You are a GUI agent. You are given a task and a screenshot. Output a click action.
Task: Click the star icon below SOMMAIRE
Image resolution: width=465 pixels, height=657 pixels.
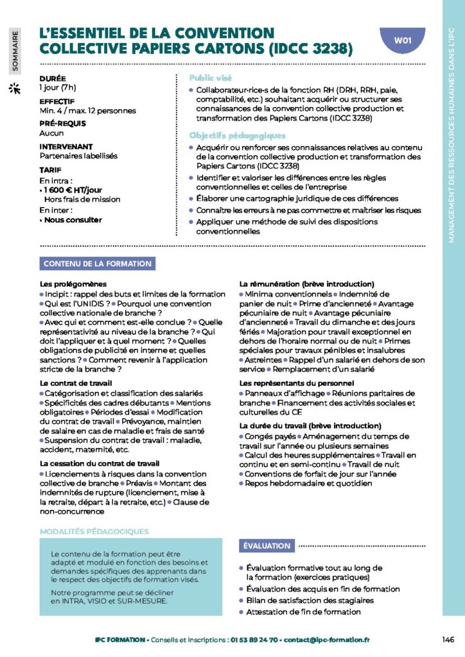(x=14, y=89)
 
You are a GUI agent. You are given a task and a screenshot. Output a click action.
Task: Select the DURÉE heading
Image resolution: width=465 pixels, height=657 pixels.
(x=53, y=78)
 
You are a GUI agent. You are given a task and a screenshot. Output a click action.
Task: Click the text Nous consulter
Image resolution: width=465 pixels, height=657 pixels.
(x=72, y=219)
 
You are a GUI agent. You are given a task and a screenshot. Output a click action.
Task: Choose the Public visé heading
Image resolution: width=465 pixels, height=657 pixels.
(x=211, y=78)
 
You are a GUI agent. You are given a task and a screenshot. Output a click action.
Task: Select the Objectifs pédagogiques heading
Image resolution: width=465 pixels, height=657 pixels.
(x=237, y=136)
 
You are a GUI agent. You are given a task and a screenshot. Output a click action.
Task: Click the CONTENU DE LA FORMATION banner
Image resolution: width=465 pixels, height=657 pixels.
(x=98, y=264)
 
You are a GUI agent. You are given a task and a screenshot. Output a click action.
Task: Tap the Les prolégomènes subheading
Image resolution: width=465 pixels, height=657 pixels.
(x=73, y=284)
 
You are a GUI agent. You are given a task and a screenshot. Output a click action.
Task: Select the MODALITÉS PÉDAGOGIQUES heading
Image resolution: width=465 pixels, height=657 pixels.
(x=94, y=531)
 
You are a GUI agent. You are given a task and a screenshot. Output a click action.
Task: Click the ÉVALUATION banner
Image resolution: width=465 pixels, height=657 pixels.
(x=267, y=545)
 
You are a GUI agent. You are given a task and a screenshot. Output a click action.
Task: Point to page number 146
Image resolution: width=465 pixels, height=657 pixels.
(x=448, y=639)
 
